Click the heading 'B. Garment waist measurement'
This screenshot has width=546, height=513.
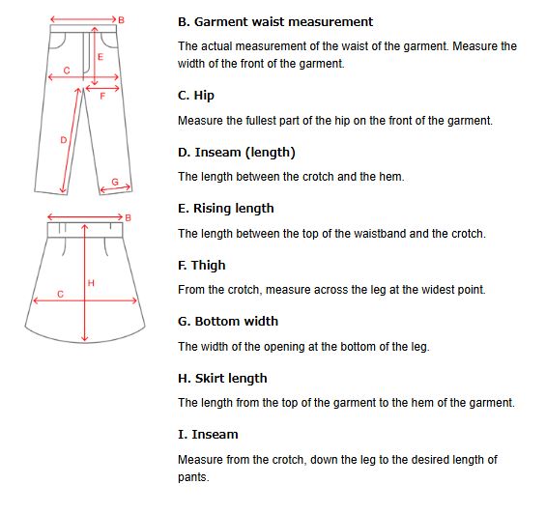point(275,22)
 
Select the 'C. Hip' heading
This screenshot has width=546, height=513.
point(196,96)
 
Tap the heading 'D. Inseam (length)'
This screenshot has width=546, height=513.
point(237,153)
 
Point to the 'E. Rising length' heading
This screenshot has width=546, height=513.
point(225,209)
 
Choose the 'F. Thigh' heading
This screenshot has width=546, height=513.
point(202,266)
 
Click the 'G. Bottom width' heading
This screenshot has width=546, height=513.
point(228,322)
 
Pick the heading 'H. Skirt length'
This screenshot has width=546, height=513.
point(222,379)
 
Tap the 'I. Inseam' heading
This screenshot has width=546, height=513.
point(208,435)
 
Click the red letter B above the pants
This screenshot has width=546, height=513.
point(121,20)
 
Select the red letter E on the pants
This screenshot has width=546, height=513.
point(101,57)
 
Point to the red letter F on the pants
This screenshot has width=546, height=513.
point(102,97)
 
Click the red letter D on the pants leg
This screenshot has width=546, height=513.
point(64,140)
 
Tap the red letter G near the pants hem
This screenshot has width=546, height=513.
point(115,182)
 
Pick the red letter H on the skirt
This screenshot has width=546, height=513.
point(91,283)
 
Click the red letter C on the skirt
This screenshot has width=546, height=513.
point(60,295)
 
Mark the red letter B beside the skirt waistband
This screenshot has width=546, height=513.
point(128,218)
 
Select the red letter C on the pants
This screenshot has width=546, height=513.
point(67,71)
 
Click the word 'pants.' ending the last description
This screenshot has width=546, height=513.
point(193,477)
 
